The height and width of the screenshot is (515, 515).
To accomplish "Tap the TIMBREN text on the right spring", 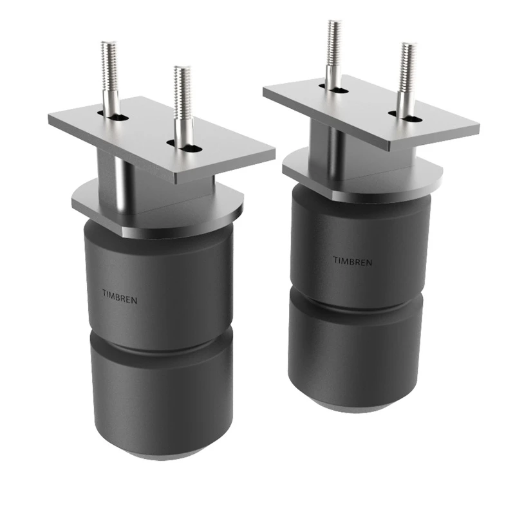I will click(352, 261).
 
